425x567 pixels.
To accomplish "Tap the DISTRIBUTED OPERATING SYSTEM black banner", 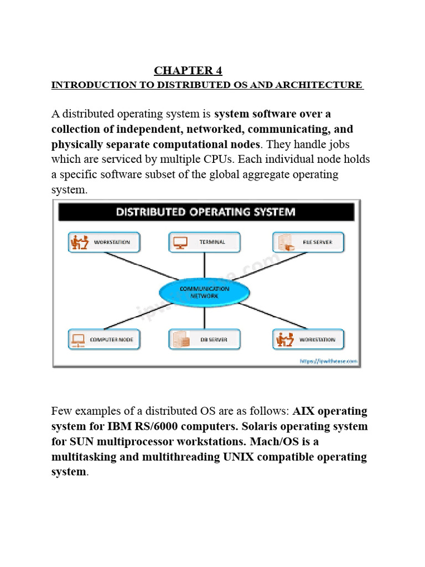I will tap(205, 212).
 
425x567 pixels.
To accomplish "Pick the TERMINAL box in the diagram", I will tap(204, 242).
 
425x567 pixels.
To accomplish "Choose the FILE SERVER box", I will tap(308, 242).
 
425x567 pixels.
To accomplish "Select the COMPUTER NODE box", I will tap(104, 339).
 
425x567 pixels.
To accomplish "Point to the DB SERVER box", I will tap(204, 339).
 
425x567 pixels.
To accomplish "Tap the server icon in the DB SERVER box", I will tap(178, 339).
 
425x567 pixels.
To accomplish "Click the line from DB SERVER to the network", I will tap(205, 316).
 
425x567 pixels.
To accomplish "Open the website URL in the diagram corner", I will tap(328, 362).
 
